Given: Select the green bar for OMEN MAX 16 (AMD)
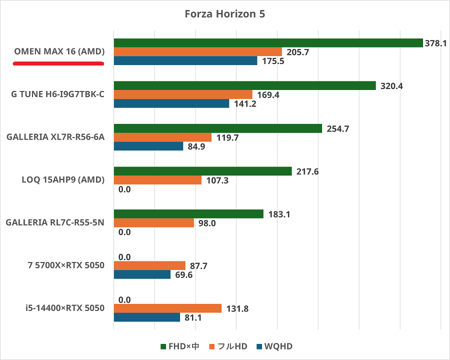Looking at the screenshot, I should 268,43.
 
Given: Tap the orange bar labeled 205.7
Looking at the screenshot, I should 198,52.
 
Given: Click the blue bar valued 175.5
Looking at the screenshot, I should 185,61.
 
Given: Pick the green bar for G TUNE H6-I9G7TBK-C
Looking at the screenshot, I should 245,86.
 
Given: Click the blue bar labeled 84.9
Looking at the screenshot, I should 148,146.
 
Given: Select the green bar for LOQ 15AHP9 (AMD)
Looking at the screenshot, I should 203,171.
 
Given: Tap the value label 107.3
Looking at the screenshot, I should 217,180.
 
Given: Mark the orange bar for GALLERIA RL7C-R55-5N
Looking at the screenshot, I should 154,223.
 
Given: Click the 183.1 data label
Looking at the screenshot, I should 279,214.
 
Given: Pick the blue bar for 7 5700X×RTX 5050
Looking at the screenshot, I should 142,274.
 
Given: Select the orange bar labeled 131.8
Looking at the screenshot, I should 167,308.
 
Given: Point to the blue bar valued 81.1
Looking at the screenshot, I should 147,317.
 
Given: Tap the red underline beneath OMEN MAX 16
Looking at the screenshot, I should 58,63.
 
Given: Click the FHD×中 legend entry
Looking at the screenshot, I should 180,346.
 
